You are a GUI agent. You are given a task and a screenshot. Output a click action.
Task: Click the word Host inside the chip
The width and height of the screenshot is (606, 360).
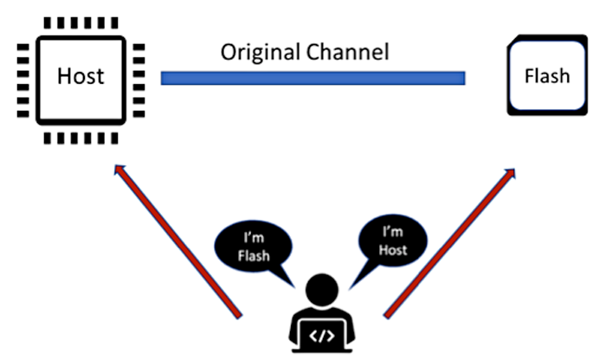click(81, 76)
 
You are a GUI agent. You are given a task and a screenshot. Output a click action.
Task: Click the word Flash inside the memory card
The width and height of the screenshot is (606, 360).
click(547, 76)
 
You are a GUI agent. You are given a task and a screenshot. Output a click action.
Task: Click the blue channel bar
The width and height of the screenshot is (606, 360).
click(313, 78)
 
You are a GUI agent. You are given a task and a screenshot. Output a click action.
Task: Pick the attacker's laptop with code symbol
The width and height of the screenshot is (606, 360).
click(321, 336)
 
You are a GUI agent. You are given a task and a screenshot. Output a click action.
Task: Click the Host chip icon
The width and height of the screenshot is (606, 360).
click(81, 76)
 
